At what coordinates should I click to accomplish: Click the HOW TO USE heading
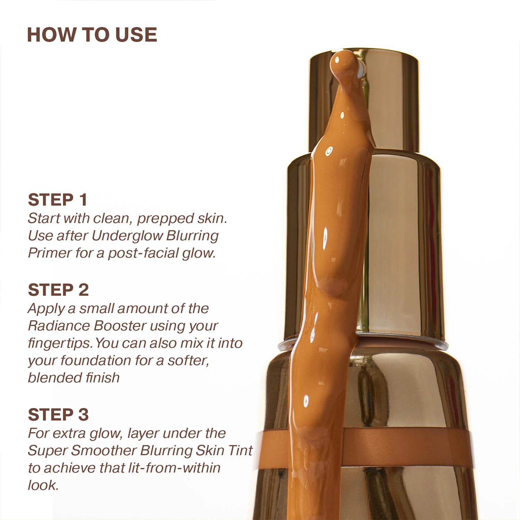tap(92, 35)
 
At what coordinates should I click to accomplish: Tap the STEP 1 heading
tap(58, 200)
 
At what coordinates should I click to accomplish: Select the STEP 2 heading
tap(58, 290)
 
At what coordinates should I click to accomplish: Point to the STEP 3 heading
tap(58, 415)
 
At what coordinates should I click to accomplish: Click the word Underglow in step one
tap(127, 236)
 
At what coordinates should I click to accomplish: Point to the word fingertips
tap(60, 343)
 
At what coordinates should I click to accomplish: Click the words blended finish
tap(73, 378)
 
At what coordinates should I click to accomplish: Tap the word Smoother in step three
tap(104, 451)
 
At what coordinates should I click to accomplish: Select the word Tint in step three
tap(241, 451)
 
